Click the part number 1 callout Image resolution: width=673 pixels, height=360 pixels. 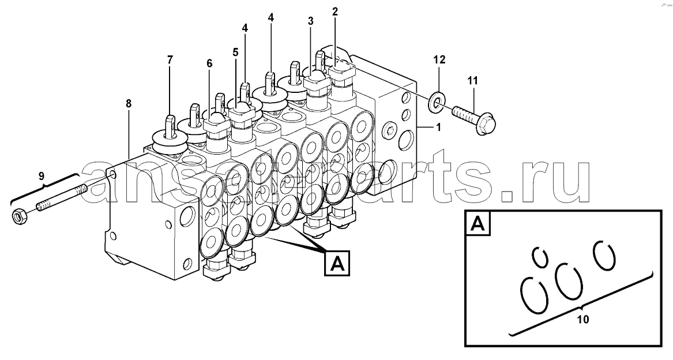pyautogui.click(x=438, y=127)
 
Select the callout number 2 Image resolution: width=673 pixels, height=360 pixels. pyautogui.click(x=335, y=12)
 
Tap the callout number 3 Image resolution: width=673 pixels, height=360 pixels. pyautogui.click(x=310, y=21)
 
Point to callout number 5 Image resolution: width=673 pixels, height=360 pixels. pyautogui.click(x=235, y=52)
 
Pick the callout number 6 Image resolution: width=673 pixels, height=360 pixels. pyautogui.click(x=209, y=63)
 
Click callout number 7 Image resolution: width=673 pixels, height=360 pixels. pyautogui.click(x=170, y=60)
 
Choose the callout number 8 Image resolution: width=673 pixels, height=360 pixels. pyautogui.click(x=129, y=103)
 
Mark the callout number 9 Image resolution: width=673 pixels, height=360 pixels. pyautogui.click(x=41, y=176)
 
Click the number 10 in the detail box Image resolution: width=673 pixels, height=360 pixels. pyautogui.click(x=583, y=320)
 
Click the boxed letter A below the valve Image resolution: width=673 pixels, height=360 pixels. pyautogui.click(x=338, y=263)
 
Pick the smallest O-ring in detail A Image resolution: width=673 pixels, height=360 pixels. pyautogui.click(x=540, y=257)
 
